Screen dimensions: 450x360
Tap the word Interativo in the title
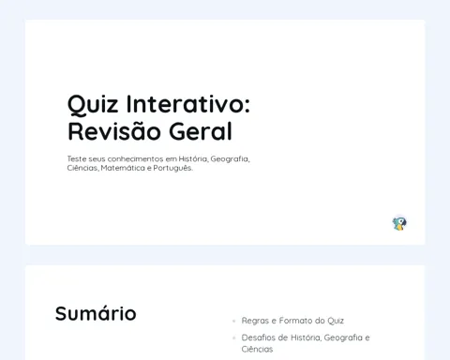tap(188, 104)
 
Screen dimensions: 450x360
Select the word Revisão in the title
tap(114, 131)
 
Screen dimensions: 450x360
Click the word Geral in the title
tap(201, 131)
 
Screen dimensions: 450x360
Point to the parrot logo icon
tap(399, 223)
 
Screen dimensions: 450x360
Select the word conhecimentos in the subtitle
tap(135, 158)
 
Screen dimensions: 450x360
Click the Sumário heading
tap(96, 313)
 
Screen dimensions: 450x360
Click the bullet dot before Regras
tap(233, 321)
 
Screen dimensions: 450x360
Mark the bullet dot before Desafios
tap(233, 337)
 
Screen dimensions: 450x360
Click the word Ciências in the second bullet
tap(257, 349)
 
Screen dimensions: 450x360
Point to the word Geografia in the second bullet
tap(343, 337)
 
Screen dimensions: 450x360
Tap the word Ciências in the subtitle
tap(82, 168)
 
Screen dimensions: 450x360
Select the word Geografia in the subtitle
tap(230, 159)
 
